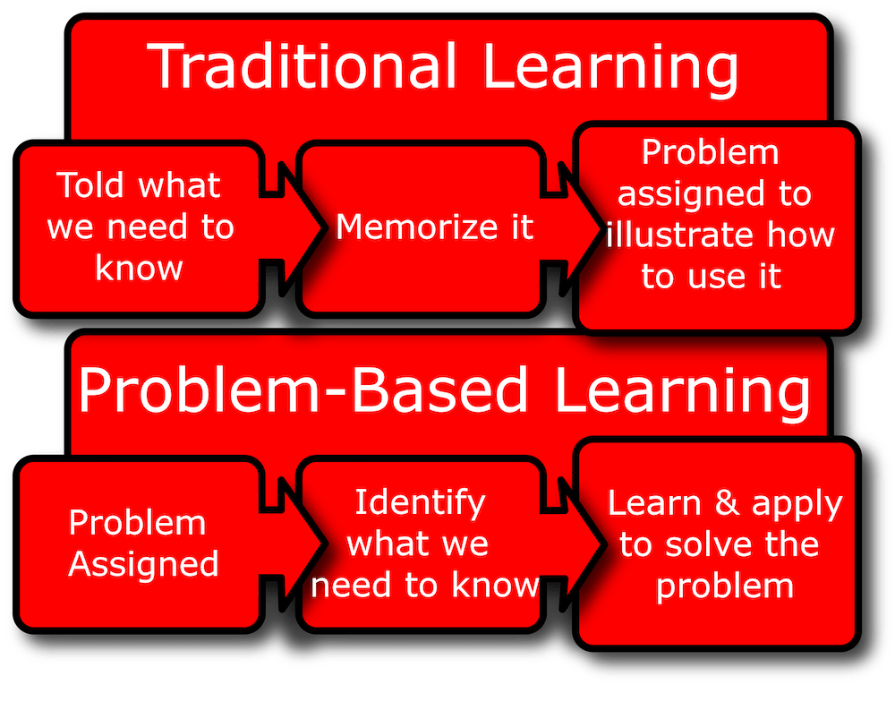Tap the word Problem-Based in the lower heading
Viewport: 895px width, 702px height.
coord(303,391)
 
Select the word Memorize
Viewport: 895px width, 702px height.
coord(417,227)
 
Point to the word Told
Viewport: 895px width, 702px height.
coord(89,184)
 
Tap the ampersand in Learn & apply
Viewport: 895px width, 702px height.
coord(727,502)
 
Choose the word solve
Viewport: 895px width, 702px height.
coord(710,544)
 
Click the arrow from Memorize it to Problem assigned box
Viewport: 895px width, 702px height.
coord(572,228)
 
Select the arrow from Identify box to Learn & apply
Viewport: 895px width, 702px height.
coord(572,544)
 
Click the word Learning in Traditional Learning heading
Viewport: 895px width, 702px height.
coord(610,69)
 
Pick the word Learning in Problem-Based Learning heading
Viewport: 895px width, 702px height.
coord(682,393)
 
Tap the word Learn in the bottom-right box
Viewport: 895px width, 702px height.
coord(654,502)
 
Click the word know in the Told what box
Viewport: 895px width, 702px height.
coord(139,268)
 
